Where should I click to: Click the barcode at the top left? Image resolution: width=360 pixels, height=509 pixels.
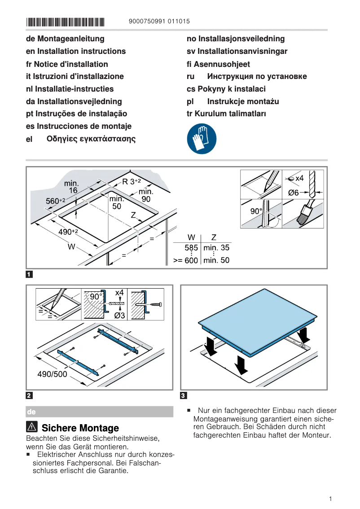click(65, 21)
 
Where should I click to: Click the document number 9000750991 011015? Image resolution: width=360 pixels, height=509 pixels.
click(159, 21)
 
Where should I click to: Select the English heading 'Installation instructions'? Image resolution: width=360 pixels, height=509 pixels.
click(76, 51)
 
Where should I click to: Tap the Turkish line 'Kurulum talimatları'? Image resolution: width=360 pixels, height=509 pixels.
click(226, 114)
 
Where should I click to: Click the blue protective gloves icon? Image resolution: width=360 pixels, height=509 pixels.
click(202, 139)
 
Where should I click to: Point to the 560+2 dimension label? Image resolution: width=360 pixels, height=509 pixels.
click(56, 201)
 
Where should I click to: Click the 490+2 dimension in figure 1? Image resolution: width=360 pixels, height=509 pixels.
click(69, 232)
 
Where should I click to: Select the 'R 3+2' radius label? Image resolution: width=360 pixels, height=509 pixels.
click(132, 181)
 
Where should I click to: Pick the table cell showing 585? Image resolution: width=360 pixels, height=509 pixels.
click(191, 247)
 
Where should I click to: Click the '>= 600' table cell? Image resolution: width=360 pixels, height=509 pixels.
click(186, 260)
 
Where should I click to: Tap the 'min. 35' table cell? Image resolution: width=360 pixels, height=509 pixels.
click(216, 247)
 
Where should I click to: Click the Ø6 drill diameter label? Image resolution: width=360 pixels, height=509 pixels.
click(293, 193)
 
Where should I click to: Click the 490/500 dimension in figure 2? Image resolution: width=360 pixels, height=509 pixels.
click(52, 374)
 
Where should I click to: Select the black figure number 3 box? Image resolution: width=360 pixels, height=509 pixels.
click(183, 395)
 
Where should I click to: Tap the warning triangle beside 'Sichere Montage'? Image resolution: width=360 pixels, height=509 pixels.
click(32, 427)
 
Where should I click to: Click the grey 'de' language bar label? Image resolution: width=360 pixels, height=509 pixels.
click(31, 412)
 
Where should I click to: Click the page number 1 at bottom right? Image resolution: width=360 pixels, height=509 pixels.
click(330, 499)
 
